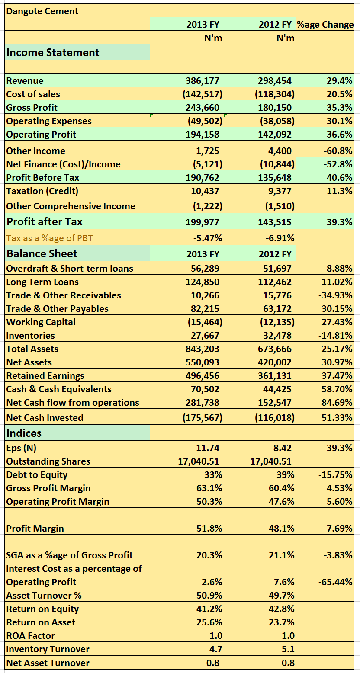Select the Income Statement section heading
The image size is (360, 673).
point(53,53)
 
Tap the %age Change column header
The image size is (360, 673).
point(325,24)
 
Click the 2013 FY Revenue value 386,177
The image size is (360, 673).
point(202,80)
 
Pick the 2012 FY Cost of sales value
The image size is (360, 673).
point(275,94)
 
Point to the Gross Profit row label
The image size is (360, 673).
point(32,107)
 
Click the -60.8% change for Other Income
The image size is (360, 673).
point(338,151)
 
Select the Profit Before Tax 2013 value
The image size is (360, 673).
point(202,178)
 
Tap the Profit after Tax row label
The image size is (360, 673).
point(45,221)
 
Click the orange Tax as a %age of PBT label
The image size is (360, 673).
point(50,238)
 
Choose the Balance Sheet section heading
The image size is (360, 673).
point(42,253)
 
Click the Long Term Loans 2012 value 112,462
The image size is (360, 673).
point(275,282)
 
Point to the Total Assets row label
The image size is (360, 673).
point(32,349)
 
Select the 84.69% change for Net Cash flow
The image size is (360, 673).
point(337,402)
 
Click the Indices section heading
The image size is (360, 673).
point(24,433)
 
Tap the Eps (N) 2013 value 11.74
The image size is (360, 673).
point(208,448)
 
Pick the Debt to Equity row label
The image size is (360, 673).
point(37,475)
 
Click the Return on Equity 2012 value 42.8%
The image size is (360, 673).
point(282,609)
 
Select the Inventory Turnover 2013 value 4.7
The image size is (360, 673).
point(216,649)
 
